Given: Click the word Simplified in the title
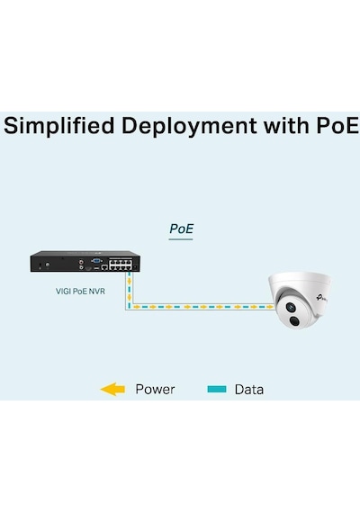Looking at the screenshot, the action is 58,126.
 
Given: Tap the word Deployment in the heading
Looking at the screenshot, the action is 189,126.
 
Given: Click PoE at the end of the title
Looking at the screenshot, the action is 337,125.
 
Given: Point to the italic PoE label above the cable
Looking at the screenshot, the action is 181,229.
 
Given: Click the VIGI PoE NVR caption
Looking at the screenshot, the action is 80,291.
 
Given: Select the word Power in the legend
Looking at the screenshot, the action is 155,389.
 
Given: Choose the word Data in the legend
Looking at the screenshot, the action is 249,390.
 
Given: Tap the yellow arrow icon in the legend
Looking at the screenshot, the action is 112,389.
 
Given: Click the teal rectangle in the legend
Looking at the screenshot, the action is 217,389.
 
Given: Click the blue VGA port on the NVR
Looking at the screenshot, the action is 96,261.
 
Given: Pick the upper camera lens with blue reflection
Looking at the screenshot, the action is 291,307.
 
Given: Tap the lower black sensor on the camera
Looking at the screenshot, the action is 294,321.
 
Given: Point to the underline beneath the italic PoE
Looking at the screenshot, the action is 181,239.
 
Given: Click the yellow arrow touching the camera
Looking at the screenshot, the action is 270,307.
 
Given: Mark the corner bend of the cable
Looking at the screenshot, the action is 129,308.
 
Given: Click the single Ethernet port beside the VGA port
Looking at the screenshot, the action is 104,267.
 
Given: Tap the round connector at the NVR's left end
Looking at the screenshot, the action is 48,264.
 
